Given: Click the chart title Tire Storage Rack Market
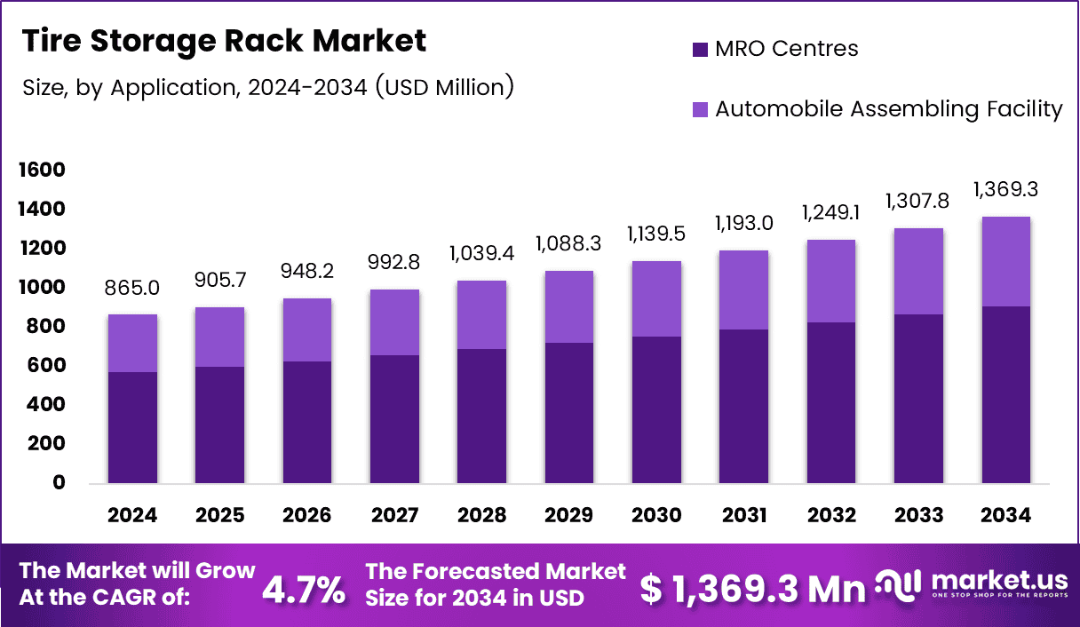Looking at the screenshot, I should (224, 41).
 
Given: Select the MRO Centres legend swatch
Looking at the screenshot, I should (700, 50).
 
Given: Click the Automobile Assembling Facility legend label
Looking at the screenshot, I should (888, 109).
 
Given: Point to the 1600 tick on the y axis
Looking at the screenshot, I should (42, 170).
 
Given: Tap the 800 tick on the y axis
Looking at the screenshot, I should (46, 326).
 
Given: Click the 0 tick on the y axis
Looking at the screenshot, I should (59, 482).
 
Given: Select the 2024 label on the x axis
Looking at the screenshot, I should (132, 516).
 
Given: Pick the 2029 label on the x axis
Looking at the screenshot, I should (569, 516).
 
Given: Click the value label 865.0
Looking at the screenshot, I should (132, 290).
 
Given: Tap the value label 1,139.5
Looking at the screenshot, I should (656, 236).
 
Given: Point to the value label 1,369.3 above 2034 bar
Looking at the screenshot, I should (1006, 190).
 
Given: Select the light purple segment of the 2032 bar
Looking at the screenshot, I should (831, 281).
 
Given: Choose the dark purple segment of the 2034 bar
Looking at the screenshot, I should (1006, 394).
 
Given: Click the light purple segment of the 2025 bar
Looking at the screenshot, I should (219, 337).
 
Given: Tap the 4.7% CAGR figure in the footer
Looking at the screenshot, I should (304, 590).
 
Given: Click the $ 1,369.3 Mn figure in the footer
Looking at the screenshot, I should (753, 590).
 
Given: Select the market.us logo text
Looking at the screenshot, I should (999, 582).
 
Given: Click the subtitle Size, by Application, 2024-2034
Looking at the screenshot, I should (267, 88).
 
